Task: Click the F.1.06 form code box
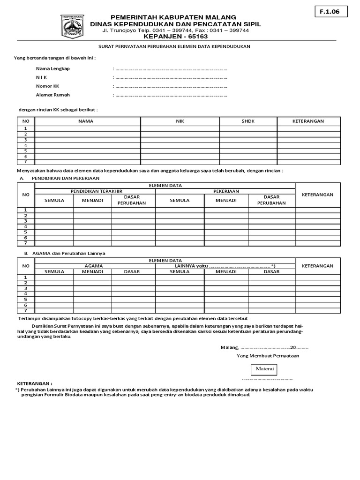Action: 331,12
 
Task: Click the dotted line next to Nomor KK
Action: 171,86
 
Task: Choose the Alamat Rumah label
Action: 53,95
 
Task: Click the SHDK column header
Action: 248,121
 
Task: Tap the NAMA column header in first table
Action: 86,121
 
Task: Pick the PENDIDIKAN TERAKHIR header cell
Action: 96,191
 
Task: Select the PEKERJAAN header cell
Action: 226,191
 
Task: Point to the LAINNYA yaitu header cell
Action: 225,266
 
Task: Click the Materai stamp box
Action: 264,369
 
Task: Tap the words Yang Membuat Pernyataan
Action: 268,356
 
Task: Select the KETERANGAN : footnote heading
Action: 35,383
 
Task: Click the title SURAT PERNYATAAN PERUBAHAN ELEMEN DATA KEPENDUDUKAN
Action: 174,46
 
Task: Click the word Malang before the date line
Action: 229,347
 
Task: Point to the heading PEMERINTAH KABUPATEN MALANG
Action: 173,17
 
